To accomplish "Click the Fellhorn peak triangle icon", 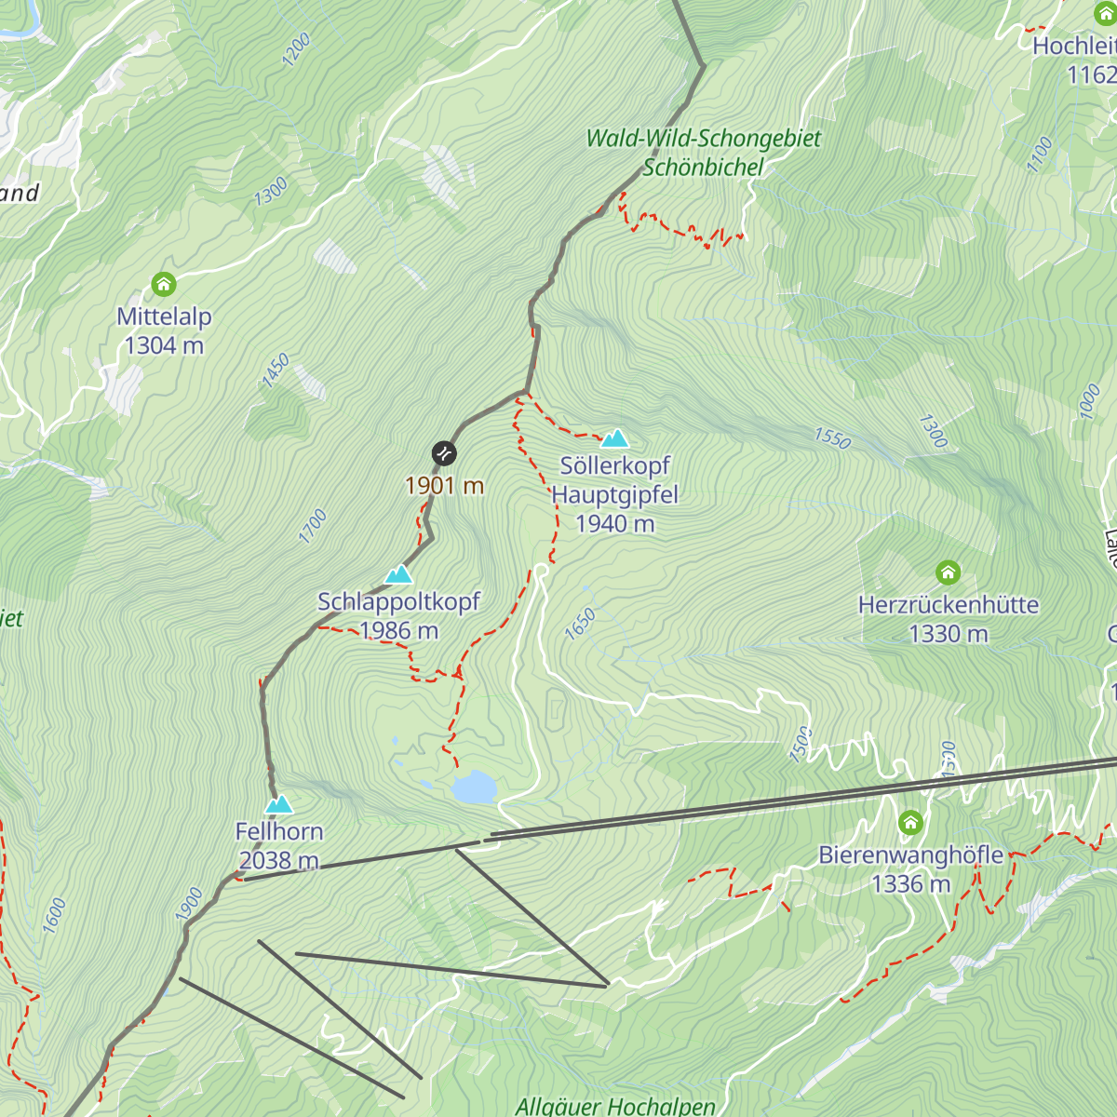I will click(x=278, y=804).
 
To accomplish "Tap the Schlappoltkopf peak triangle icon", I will click(x=398, y=574).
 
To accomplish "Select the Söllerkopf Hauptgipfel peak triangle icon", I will click(x=614, y=438).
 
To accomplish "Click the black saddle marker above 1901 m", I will click(x=444, y=453).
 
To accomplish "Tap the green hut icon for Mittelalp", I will click(x=164, y=284).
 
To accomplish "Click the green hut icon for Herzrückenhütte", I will click(x=948, y=572).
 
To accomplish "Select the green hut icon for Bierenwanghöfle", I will click(x=910, y=823).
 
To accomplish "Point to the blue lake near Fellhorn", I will click(x=473, y=787).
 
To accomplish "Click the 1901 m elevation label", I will click(x=444, y=486).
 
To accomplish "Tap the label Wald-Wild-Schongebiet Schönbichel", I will click(x=704, y=153).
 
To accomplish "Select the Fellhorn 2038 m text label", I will click(x=279, y=845).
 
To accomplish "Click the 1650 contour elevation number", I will click(x=580, y=624).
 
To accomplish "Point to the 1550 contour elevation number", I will click(x=832, y=438).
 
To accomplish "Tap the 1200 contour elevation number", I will click(x=296, y=49).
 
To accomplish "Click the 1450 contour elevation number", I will click(x=276, y=370).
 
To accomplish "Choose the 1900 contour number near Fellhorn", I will click(x=189, y=905).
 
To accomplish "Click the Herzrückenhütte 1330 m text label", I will click(x=948, y=619).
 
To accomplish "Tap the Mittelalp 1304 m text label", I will click(x=164, y=330).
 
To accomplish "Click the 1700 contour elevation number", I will click(x=313, y=526).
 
